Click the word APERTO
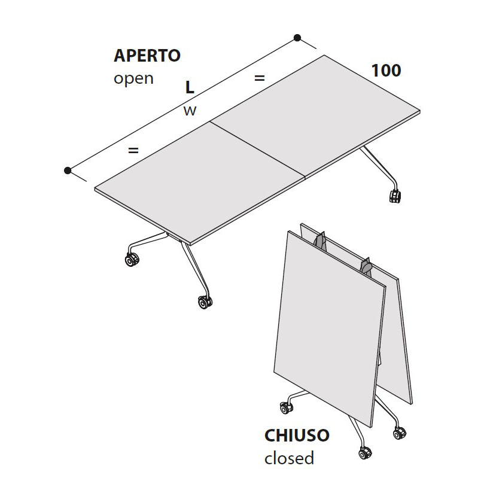[147, 56]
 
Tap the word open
[133, 79]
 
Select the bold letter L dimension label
[190, 87]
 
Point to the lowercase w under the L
[190, 111]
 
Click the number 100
[386, 71]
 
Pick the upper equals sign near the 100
[259, 78]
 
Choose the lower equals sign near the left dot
[133, 150]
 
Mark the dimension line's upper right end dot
[297, 38]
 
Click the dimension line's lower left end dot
[68, 171]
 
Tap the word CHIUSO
[297, 435]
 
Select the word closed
[289, 458]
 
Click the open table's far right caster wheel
[395, 196]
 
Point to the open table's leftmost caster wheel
[132, 260]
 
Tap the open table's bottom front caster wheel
[205, 302]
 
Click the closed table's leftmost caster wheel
[286, 408]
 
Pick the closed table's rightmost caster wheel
[400, 433]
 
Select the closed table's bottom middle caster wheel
[365, 453]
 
